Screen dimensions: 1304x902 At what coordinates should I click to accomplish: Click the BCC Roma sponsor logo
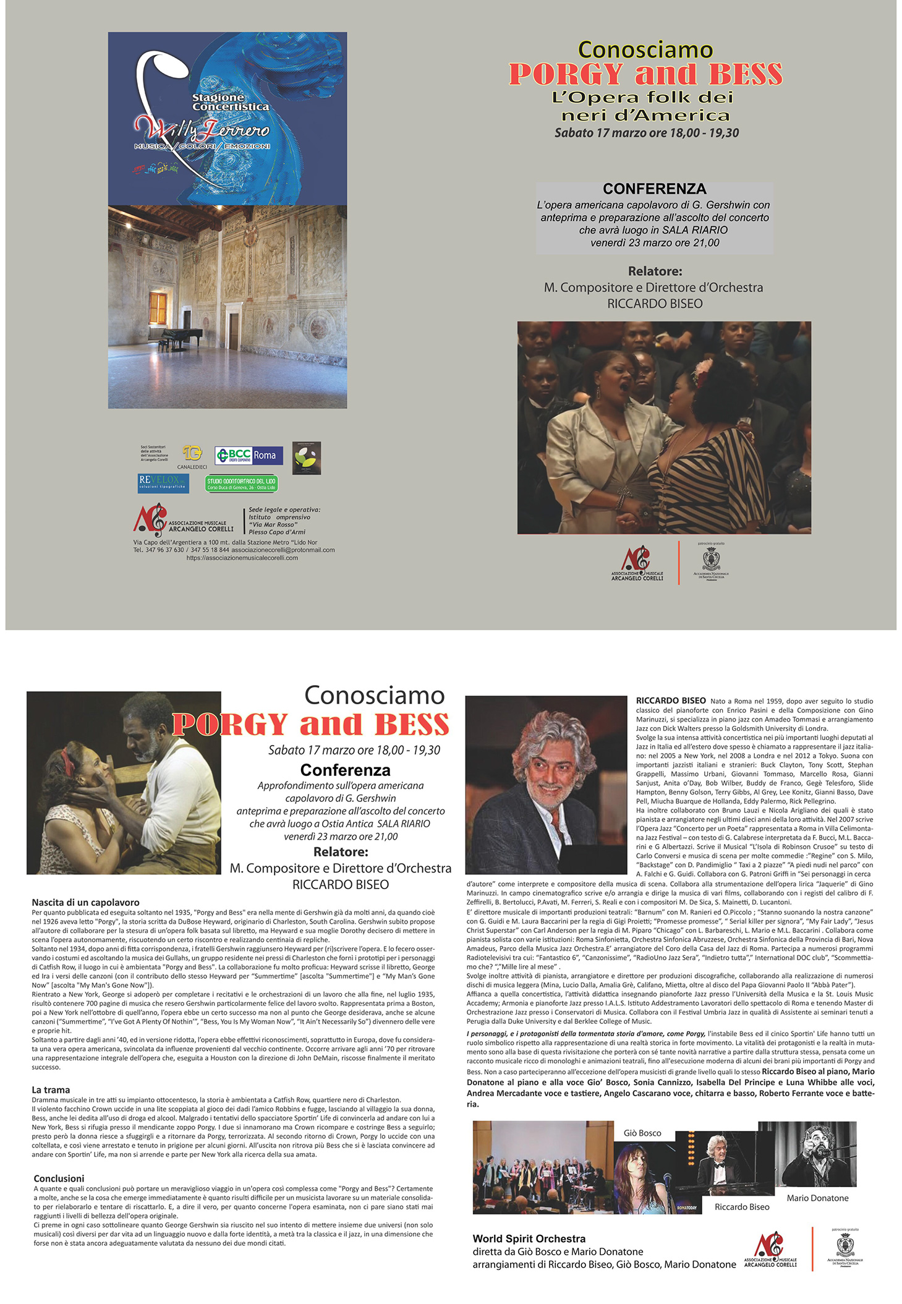click(x=249, y=456)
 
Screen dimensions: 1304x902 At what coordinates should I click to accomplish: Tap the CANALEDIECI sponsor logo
click(x=192, y=455)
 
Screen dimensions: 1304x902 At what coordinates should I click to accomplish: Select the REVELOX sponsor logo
click(x=163, y=482)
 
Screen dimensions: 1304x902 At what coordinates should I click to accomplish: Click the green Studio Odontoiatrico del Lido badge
click(x=241, y=484)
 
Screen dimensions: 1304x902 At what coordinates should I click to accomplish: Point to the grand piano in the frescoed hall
click(x=180, y=337)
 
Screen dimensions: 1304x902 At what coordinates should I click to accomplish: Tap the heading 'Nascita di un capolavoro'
click(x=86, y=903)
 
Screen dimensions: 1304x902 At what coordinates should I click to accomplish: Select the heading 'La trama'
click(x=51, y=1089)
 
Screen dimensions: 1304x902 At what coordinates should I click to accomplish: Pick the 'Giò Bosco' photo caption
click(x=642, y=1133)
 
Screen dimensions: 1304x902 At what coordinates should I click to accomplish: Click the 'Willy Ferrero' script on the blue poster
click(x=202, y=129)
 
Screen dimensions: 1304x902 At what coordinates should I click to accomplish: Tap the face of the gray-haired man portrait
click(x=547, y=776)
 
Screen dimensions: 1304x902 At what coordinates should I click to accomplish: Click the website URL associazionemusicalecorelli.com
click(x=242, y=558)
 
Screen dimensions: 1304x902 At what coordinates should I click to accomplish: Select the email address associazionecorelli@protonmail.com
click(x=283, y=550)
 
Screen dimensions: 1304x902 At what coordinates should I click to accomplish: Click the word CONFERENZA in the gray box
click(x=654, y=189)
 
